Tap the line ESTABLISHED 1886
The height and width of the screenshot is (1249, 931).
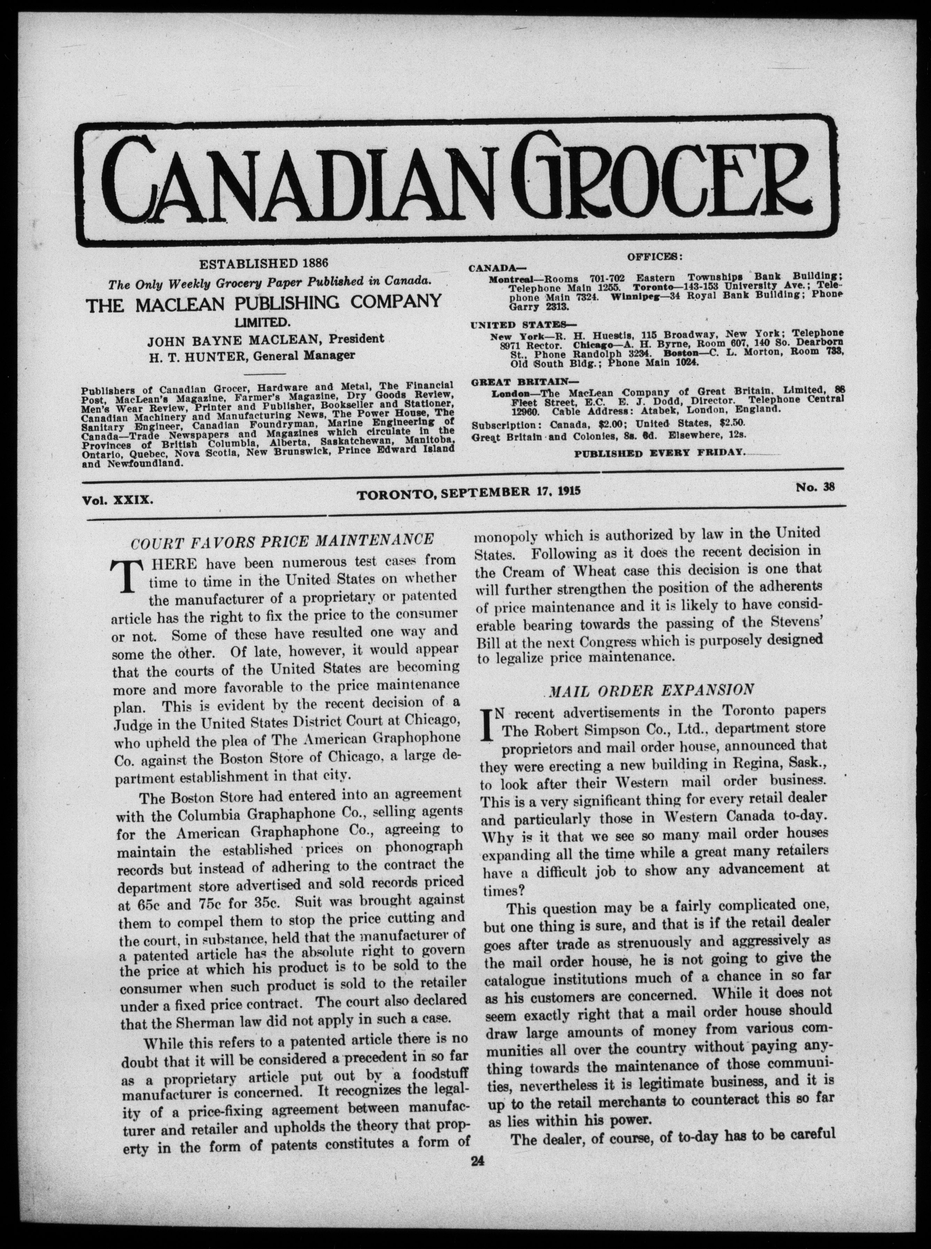[264, 263]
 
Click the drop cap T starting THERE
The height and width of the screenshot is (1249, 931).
[125, 573]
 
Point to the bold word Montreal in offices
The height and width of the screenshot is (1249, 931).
[509, 279]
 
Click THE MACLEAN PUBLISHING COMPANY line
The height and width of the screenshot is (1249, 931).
[263, 303]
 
